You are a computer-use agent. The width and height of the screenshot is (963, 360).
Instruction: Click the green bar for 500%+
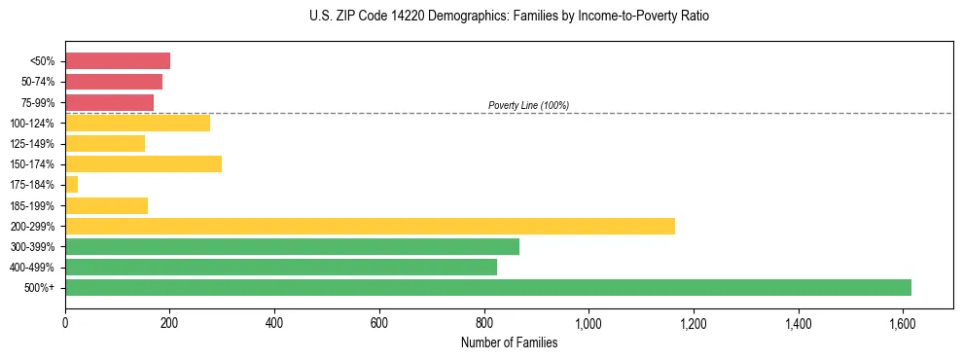pyautogui.click(x=487, y=287)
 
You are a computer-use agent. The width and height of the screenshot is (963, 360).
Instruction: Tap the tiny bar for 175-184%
pyautogui.click(x=71, y=184)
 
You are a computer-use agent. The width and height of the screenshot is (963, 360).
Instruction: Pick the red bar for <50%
pyautogui.click(x=118, y=61)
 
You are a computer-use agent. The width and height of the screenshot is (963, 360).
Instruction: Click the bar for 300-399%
pyautogui.click(x=292, y=246)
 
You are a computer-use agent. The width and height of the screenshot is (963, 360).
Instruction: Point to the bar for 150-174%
pyautogui.click(x=143, y=163)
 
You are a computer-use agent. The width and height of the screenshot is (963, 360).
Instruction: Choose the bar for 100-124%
pyautogui.click(x=137, y=123)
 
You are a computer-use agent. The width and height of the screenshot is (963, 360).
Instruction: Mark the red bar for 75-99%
pyautogui.click(x=109, y=102)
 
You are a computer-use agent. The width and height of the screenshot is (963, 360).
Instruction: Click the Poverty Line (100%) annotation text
pyautogui.click(x=528, y=105)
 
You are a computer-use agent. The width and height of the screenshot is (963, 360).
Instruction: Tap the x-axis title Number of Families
pyautogui.click(x=509, y=342)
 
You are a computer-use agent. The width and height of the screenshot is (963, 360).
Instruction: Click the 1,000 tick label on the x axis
pyautogui.click(x=588, y=322)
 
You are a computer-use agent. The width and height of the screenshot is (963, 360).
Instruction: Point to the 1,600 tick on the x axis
pyautogui.click(x=903, y=322)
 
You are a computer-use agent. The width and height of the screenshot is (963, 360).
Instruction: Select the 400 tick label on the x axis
pyautogui.click(x=274, y=322)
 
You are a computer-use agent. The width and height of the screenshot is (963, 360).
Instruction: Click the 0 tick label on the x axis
pyautogui.click(x=65, y=322)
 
